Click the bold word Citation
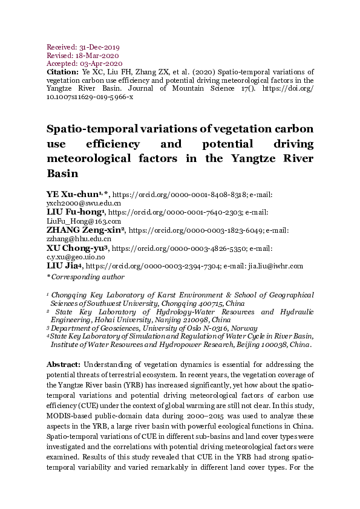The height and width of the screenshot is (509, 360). click(62, 72)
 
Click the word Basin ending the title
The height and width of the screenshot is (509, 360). click(63, 173)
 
